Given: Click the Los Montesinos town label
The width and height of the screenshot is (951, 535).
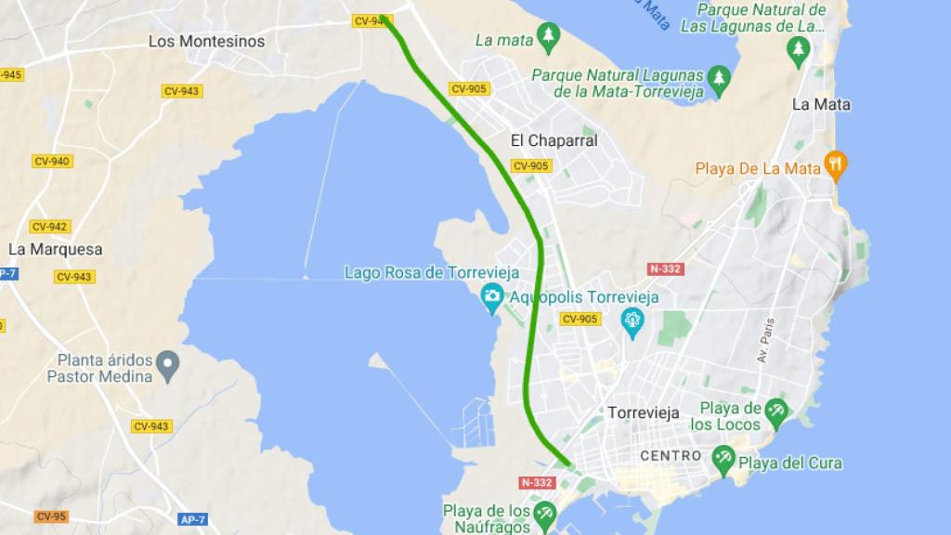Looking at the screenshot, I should pyautogui.click(x=206, y=41).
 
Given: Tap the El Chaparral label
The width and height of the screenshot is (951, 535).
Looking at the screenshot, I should pyautogui.click(x=554, y=140).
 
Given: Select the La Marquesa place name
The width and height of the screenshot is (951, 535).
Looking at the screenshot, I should pyautogui.click(x=55, y=249).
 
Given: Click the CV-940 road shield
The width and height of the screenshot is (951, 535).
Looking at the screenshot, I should pyautogui.click(x=52, y=161).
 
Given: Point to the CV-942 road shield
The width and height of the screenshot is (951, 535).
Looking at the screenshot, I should pyautogui.click(x=50, y=227).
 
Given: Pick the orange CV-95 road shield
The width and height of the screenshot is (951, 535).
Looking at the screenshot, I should pyautogui.click(x=51, y=516).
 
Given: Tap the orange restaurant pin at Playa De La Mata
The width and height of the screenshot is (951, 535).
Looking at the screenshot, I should pyautogui.click(x=837, y=166).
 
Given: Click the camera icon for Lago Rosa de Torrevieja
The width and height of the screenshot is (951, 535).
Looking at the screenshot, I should pyautogui.click(x=492, y=296).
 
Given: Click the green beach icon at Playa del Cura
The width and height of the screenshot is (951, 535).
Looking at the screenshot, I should pyautogui.click(x=723, y=457).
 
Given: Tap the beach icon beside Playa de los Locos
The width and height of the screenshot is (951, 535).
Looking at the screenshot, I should pyautogui.click(x=776, y=410).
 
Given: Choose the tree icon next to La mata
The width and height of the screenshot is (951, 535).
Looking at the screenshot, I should pyautogui.click(x=549, y=36).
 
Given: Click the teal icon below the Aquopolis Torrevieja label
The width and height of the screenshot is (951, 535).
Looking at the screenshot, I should pyautogui.click(x=633, y=321).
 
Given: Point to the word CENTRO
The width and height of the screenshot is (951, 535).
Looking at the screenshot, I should pyautogui.click(x=671, y=455).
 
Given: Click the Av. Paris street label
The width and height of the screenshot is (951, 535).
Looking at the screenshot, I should pyautogui.click(x=765, y=340).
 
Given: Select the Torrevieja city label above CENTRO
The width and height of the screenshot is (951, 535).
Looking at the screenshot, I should pyautogui.click(x=643, y=411).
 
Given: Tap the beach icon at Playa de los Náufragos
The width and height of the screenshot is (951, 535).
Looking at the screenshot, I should pyautogui.click(x=545, y=512).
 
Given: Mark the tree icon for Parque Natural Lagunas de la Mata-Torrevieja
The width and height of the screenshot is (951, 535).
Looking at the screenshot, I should pyautogui.click(x=718, y=78).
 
